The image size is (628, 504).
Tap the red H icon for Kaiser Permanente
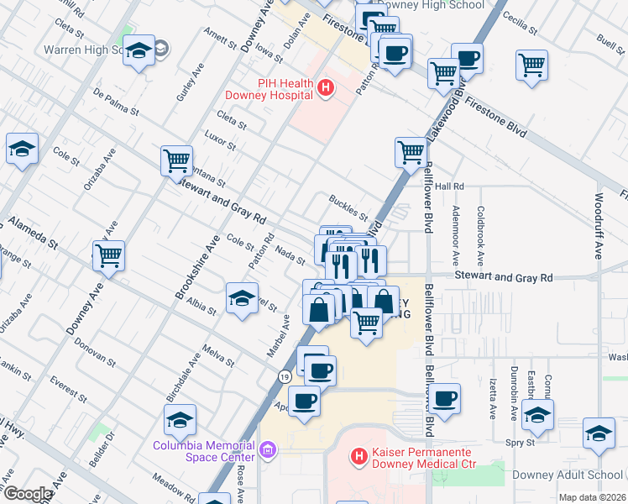point(358,457)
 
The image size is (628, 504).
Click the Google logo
point(28,494)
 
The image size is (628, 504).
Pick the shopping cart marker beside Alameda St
point(108,255)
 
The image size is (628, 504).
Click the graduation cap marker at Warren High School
point(139,50)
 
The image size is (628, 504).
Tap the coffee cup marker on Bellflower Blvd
point(444,398)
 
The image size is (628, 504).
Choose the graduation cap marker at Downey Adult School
point(598,432)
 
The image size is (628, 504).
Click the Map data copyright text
point(592,497)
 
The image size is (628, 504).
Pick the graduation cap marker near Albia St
point(241,299)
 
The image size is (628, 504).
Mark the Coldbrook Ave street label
point(481,230)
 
